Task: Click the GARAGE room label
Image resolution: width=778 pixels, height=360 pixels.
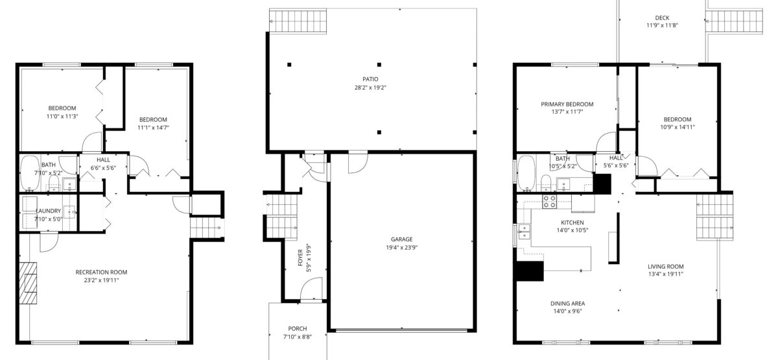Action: pos(401,239)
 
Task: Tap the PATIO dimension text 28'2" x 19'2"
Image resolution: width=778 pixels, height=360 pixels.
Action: pos(370,88)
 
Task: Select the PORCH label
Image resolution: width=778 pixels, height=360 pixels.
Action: pos(298,328)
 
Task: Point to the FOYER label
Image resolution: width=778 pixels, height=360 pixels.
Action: pos(300,258)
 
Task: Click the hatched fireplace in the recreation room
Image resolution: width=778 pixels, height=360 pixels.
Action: pos(28,283)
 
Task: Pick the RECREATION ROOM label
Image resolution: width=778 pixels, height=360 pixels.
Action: pos(101,272)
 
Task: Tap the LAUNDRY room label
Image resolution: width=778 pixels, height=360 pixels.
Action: pos(48,211)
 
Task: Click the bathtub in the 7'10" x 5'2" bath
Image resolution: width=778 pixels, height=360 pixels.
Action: pos(30,173)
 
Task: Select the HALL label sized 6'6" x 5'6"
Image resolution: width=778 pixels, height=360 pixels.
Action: pos(103,160)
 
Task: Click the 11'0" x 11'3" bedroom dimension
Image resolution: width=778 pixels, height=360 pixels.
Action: pos(62,116)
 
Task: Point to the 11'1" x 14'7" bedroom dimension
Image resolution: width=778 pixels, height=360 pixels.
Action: pos(153,128)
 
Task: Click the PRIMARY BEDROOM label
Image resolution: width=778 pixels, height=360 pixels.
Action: pos(567,104)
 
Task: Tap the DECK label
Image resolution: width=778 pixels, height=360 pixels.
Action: pos(662,18)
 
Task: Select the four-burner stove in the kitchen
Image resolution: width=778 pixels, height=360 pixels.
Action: pos(550,202)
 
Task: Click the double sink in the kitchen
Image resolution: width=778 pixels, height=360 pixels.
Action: pos(524,232)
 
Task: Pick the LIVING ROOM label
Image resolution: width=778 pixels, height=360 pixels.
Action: pos(665,267)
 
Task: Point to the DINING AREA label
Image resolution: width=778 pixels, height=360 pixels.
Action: pos(567,304)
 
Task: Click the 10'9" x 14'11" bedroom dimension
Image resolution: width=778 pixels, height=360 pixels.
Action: pos(678,127)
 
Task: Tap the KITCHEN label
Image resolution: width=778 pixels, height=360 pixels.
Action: pos(572,222)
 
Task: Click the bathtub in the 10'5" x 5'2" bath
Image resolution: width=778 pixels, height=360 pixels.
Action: pos(527,173)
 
